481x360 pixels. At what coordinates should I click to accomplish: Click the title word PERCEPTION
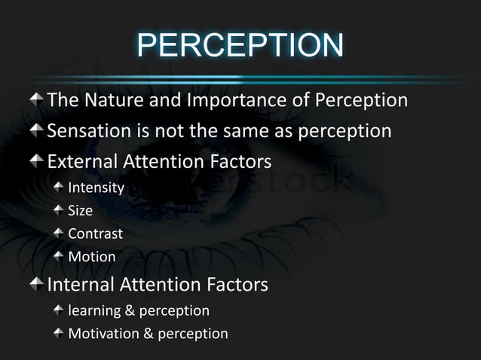pyautogui.click(x=240, y=47)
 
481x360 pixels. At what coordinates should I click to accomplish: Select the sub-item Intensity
pyautogui.click(x=96, y=187)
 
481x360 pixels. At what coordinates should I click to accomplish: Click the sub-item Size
pyautogui.click(x=81, y=210)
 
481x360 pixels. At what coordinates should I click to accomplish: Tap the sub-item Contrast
pyautogui.click(x=96, y=233)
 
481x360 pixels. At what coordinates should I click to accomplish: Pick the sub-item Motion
pyautogui.click(x=92, y=257)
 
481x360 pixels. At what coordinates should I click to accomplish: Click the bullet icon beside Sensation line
pyautogui.click(x=37, y=130)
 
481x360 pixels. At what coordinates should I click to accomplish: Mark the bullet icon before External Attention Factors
pyautogui.click(x=37, y=161)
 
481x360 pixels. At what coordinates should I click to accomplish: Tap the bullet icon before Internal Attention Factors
pyautogui.click(x=37, y=285)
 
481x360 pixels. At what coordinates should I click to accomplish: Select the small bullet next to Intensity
pyautogui.click(x=58, y=186)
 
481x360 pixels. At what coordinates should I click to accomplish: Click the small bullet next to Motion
pyautogui.click(x=58, y=256)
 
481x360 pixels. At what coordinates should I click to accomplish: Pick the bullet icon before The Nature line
pyautogui.click(x=37, y=99)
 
